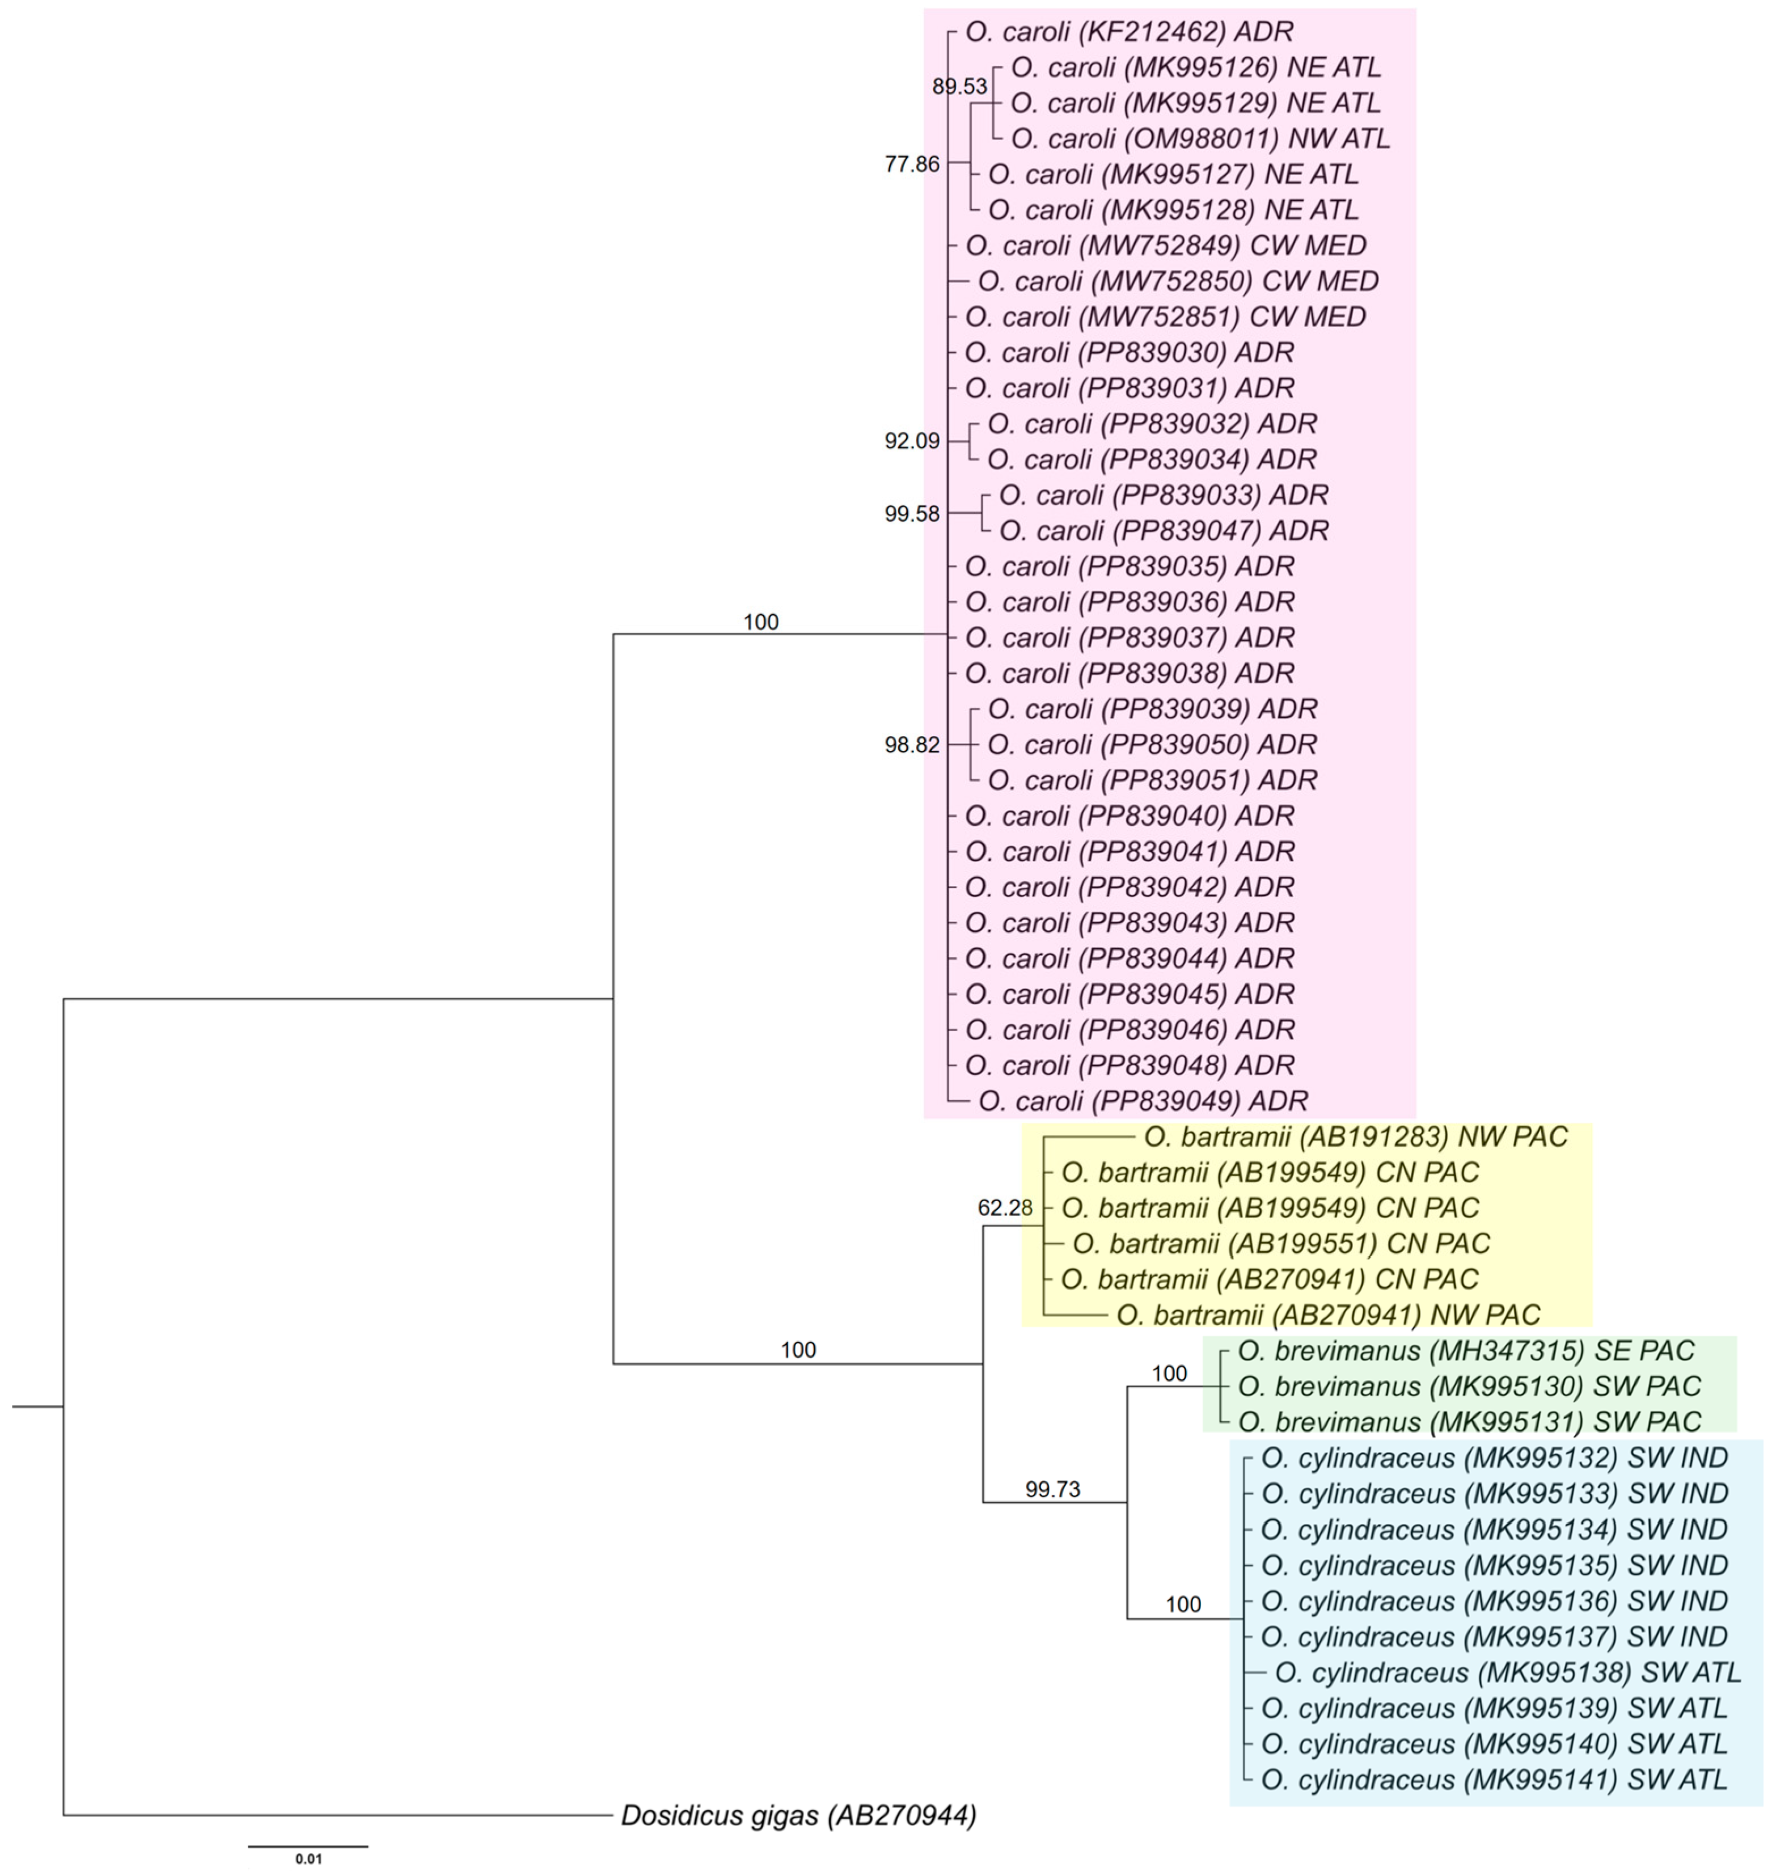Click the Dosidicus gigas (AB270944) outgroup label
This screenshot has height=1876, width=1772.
tap(798, 1815)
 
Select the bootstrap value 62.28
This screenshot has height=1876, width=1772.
tap(1005, 1207)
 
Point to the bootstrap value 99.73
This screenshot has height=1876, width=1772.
tap(1052, 1490)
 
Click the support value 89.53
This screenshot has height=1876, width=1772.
tap(959, 87)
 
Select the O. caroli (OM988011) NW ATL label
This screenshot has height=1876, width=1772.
tap(1200, 139)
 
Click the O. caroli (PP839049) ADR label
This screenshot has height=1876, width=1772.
tap(1143, 1100)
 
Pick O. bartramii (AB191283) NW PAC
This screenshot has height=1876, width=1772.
tap(1355, 1136)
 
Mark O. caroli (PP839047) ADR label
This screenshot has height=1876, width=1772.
tap(1164, 531)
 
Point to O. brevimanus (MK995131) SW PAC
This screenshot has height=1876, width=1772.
tap(1469, 1422)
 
